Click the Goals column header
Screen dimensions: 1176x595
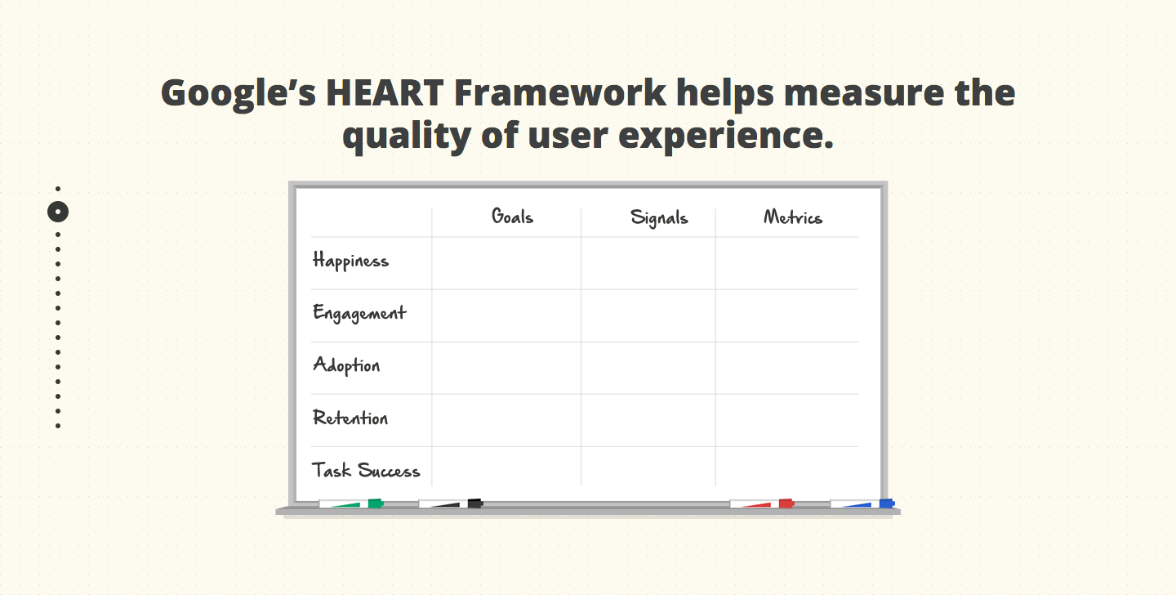click(512, 216)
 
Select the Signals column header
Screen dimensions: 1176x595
click(659, 218)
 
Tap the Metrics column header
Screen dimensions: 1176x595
click(793, 217)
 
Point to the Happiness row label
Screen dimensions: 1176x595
click(350, 261)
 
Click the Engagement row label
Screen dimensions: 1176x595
click(359, 313)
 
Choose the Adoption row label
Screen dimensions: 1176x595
click(346, 365)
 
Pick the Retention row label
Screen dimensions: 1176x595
click(350, 418)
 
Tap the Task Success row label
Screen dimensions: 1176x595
click(366, 470)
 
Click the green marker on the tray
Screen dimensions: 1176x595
click(350, 503)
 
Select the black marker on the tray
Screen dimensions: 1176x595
click(451, 503)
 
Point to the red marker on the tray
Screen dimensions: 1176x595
click(762, 503)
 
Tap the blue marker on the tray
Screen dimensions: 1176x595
click(862, 503)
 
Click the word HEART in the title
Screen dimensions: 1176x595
click(385, 93)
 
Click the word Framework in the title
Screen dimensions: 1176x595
click(559, 92)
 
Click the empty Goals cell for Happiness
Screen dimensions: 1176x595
click(506, 263)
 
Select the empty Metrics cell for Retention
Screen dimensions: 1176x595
click(787, 420)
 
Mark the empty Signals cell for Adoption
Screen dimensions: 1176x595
click(648, 368)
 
